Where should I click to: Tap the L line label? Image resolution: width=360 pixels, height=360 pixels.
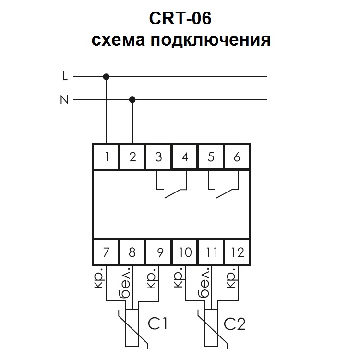pyautogui.click(x=65, y=76)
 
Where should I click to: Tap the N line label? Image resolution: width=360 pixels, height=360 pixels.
pyautogui.click(x=64, y=100)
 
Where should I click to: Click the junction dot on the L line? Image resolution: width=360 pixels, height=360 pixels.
pyautogui.click(x=106, y=76)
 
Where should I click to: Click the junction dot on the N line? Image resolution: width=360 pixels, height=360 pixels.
pyautogui.click(x=132, y=100)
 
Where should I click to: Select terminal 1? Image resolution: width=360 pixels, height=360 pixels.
pyautogui.click(x=107, y=156)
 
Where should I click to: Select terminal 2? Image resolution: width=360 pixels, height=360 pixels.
pyautogui.click(x=133, y=156)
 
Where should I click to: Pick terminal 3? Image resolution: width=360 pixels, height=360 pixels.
pyautogui.click(x=159, y=156)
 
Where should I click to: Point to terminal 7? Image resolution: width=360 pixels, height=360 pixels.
pyautogui.click(x=107, y=252)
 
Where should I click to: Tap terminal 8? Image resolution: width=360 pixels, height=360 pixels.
pyautogui.click(x=133, y=252)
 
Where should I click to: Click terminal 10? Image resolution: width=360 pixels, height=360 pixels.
pyautogui.click(x=185, y=252)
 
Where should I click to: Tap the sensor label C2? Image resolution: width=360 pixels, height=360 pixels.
pyautogui.click(x=235, y=324)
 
